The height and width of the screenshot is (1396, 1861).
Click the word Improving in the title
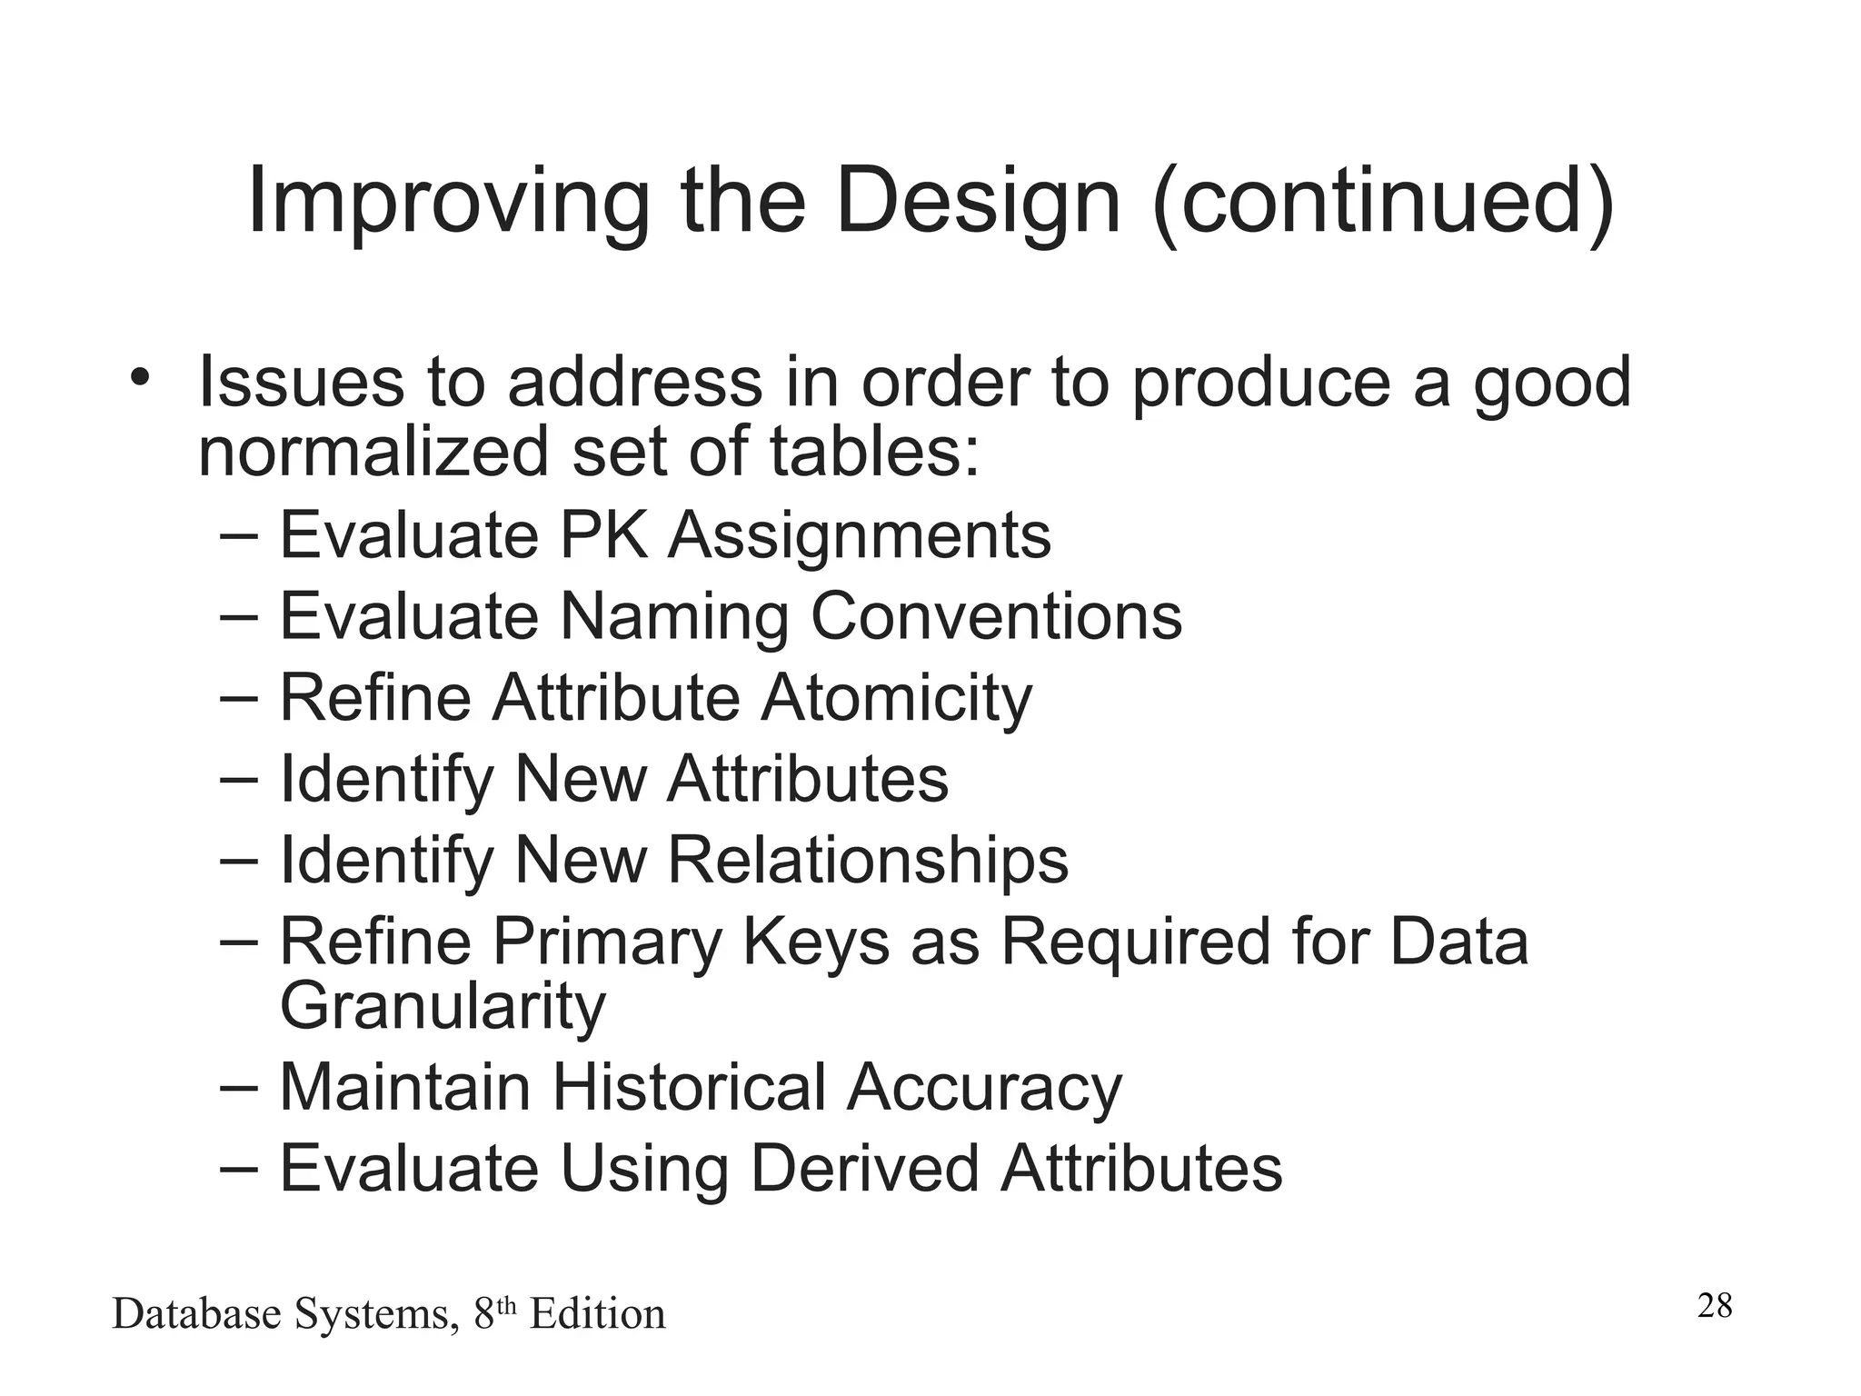click(x=448, y=202)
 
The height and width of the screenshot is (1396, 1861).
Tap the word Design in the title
click(x=977, y=202)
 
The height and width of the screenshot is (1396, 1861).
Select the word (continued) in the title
click(x=1383, y=202)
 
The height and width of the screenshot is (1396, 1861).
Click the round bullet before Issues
click(x=138, y=376)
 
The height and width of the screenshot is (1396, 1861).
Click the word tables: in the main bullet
click(x=875, y=452)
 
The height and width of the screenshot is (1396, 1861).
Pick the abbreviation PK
click(x=603, y=534)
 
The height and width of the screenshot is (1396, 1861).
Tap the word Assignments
click(x=860, y=534)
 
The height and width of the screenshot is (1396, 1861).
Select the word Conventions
click(x=996, y=616)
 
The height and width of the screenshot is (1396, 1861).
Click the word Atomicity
click(x=896, y=698)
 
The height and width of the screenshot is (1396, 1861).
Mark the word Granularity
click(x=443, y=1007)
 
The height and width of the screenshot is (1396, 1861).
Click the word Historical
click(x=689, y=1087)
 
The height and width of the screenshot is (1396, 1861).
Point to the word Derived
click(x=864, y=1168)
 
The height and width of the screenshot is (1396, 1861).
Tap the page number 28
click(x=1715, y=1306)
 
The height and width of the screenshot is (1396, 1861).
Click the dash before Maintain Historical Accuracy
click(x=240, y=1085)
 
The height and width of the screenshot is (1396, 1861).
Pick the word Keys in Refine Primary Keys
click(x=816, y=942)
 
